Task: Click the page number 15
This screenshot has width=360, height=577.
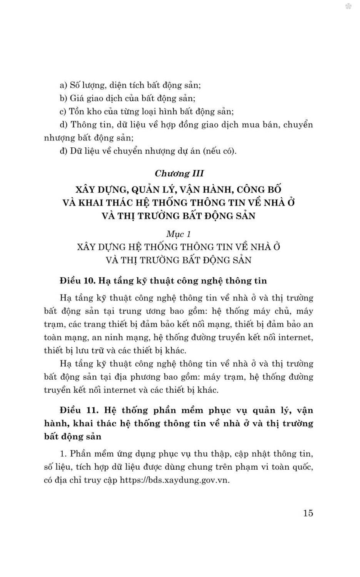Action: click(308, 513)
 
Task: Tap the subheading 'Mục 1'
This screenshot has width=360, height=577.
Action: click(178, 234)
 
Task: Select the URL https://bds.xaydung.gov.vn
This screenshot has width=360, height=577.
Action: click(175, 480)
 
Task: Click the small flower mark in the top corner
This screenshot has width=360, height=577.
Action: click(348, 7)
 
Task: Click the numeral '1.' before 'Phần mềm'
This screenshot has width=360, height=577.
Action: click(63, 454)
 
